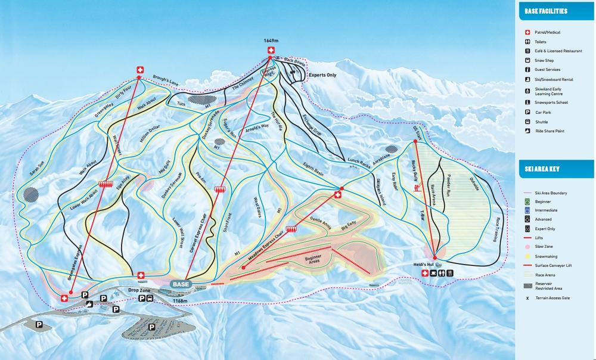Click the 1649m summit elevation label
271,41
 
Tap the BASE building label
181,284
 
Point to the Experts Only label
322,76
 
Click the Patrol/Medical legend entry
548,32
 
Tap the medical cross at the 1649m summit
271,50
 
